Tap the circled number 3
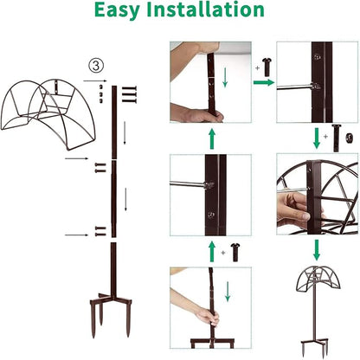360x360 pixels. [x=99, y=65]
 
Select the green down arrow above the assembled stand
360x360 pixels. [x=316, y=250]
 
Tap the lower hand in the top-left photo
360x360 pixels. [x=195, y=114]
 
